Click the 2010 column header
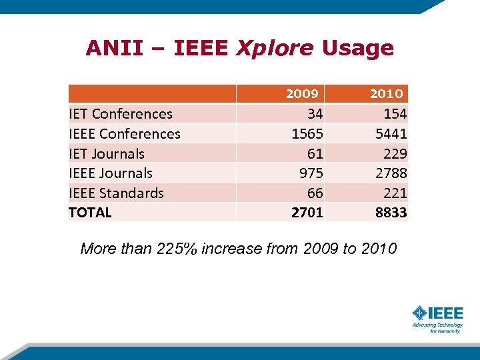coord(387,93)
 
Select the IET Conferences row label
coord(121,114)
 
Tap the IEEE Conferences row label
coord(125,134)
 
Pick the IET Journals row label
coord(107,153)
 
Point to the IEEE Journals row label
coord(111,173)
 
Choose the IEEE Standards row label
coord(116,193)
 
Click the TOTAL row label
coord(90,213)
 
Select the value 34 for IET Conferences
coord(315,114)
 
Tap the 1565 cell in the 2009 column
coord(307,134)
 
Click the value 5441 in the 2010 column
coord(391,134)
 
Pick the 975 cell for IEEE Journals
coord(311,173)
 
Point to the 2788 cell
coord(391,173)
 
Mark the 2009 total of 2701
coord(307,213)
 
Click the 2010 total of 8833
coord(391,213)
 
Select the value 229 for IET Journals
coord(395,153)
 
